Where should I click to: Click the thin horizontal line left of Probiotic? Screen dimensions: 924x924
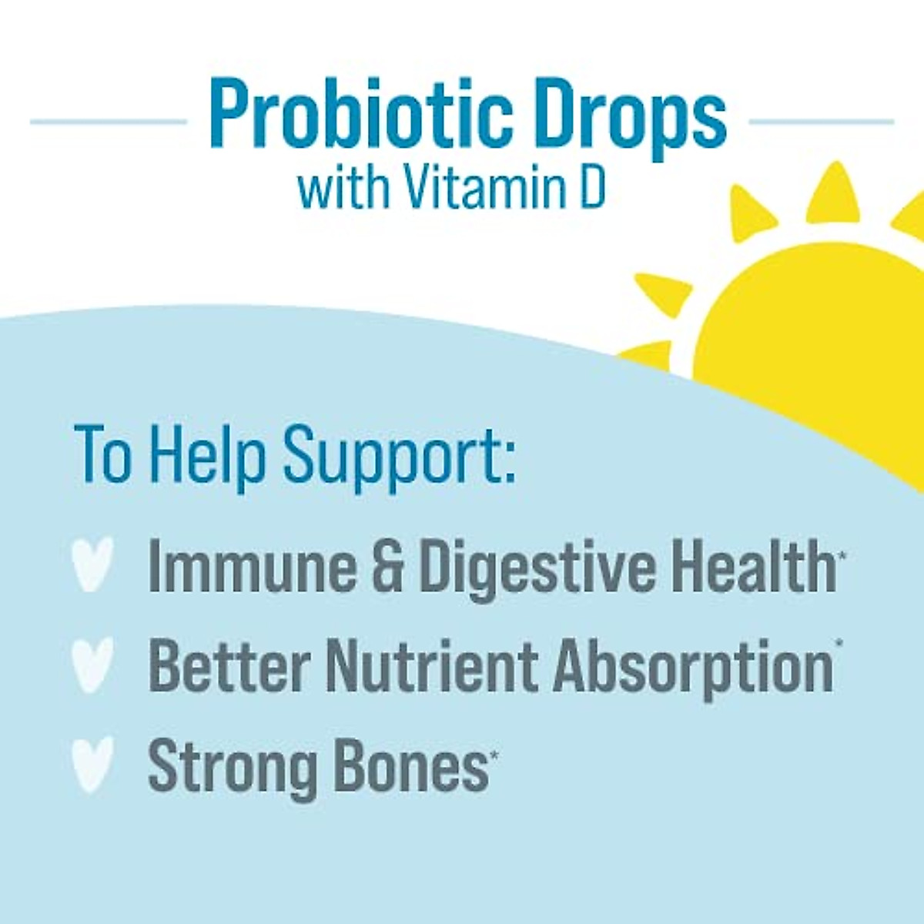click(108, 122)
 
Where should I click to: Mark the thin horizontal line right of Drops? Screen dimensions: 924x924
click(821, 122)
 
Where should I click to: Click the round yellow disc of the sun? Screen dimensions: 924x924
click(816, 339)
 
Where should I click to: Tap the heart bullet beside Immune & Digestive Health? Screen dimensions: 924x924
click(92, 564)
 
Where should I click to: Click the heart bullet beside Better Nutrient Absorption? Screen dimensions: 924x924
click(92, 665)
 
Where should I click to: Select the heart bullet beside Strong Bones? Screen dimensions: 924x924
click(92, 764)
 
